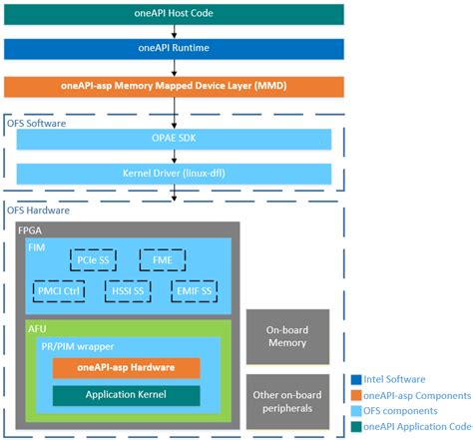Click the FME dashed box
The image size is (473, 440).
[x=163, y=260]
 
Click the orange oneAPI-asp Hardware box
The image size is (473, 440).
[x=126, y=367]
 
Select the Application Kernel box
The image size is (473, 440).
[x=126, y=395]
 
